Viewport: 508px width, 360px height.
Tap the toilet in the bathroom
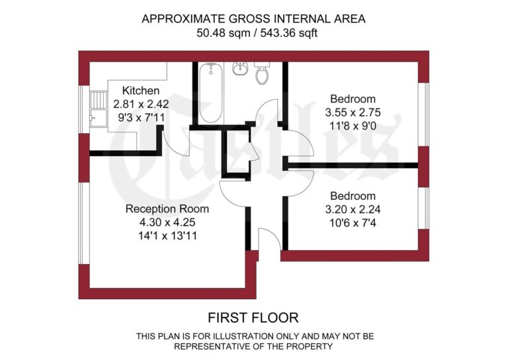pyautogui.click(x=263, y=74)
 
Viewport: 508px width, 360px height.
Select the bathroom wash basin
pyautogui.click(x=239, y=69)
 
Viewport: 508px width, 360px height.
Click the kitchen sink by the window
pyautogui.click(x=99, y=108)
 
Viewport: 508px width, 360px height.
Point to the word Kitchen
pyautogui.click(x=140, y=91)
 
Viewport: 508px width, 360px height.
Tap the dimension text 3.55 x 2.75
pyautogui.click(x=353, y=112)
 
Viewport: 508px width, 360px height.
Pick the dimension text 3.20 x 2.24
pyautogui.click(x=353, y=209)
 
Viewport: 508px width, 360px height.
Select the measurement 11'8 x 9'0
pyautogui.click(x=353, y=126)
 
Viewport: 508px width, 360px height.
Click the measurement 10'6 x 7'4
pyautogui.click(x=353, y=222)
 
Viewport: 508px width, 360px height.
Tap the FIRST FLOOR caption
pyautogui.click(x=253, y=318)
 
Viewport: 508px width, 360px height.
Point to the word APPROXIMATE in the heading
pyautogui.click(x=181, y=19)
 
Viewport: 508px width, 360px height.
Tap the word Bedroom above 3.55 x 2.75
pyautogui.click(x=353, y=99)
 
